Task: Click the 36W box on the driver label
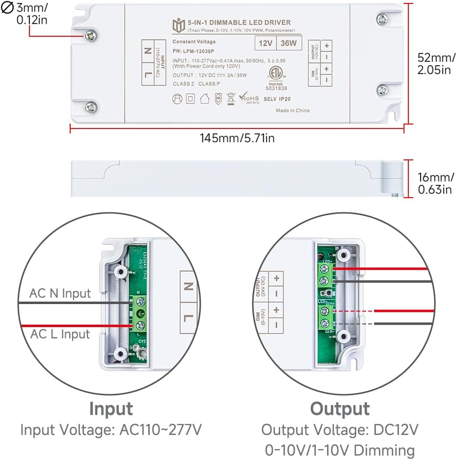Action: pos(288,43)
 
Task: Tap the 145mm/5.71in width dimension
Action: pos(237,138)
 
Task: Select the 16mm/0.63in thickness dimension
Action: pos(435,182)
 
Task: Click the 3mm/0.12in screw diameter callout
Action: pos(32,14)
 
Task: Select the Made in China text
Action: pos(293,110)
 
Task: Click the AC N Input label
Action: pos(60,293)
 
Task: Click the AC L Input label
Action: pos(60,334)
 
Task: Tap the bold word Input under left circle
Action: pos(111,408)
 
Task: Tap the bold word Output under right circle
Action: pos(340,408)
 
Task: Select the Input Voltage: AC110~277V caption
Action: pos(111,430)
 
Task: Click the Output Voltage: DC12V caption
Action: pos(340,430)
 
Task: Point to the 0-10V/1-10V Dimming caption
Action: pos(340,449)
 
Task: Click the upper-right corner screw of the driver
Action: pos(382,19)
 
